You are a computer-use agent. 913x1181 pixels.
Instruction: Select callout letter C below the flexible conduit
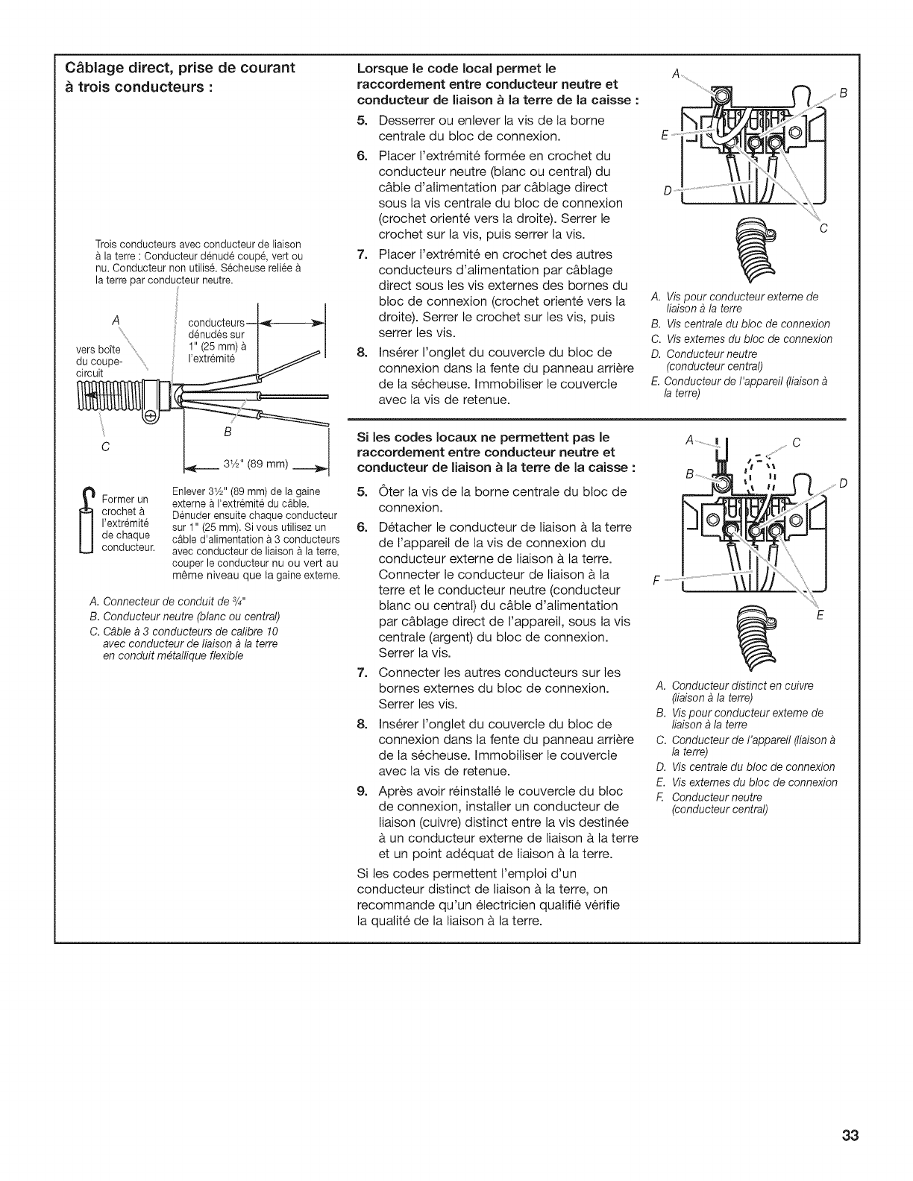coord(106,447)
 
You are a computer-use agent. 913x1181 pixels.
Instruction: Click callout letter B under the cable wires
coord(228,432)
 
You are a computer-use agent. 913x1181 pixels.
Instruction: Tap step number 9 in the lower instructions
coord(362,790)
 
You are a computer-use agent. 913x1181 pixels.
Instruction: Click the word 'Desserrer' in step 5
coord(408,120)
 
